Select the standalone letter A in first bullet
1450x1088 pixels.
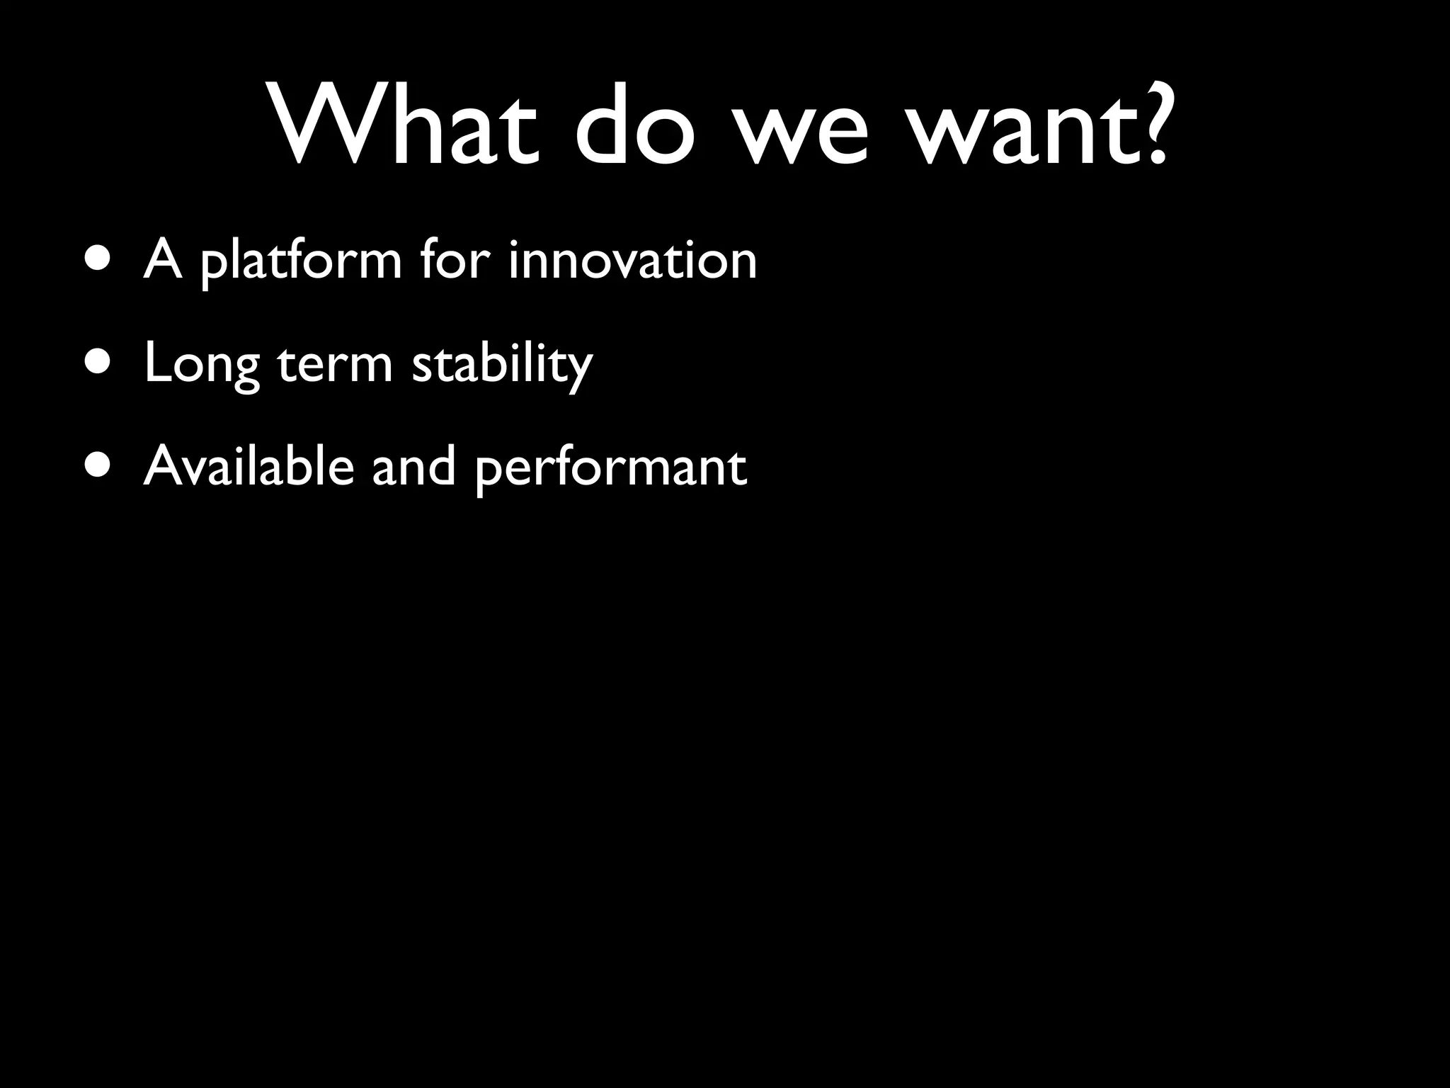click(162, 259)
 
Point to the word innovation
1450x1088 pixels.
click(632, 259)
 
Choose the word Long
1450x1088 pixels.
click(202, 365)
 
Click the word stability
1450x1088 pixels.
click(501, 365)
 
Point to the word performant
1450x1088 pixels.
click(610, 470)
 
